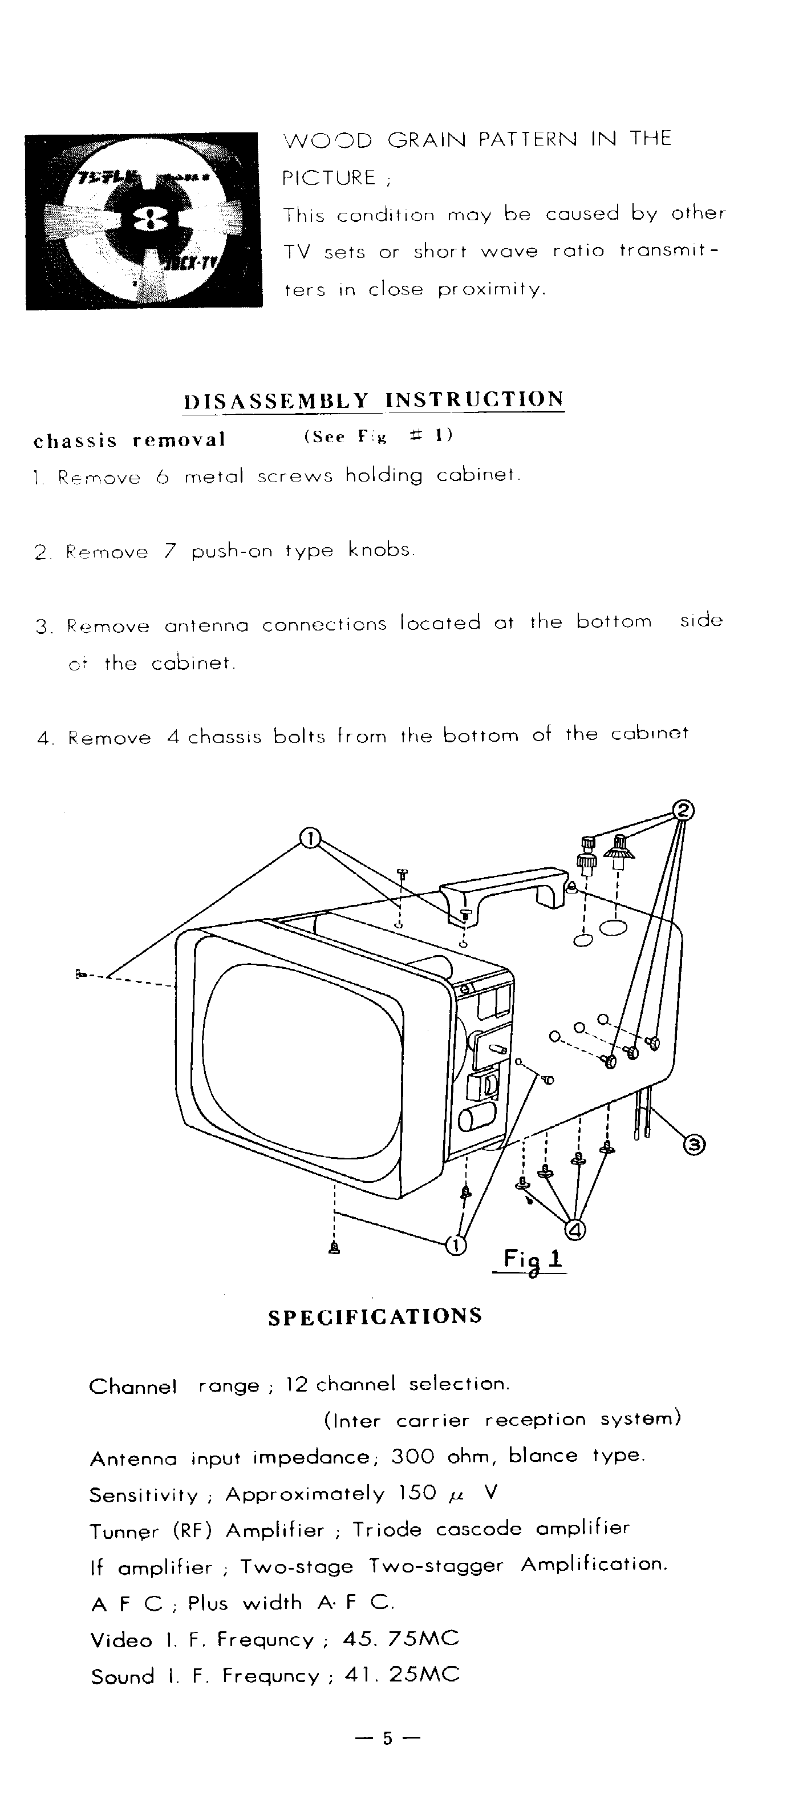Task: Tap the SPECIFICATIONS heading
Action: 375,1316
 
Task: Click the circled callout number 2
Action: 683,811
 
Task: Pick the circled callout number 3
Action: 695,1145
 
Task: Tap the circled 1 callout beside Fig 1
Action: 455,1245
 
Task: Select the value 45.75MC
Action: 401,1639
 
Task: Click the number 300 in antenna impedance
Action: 413,1457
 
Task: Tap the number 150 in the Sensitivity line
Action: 417,1494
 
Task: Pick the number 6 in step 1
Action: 163,478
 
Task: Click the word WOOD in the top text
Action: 327,139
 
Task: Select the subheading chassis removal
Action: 129,440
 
